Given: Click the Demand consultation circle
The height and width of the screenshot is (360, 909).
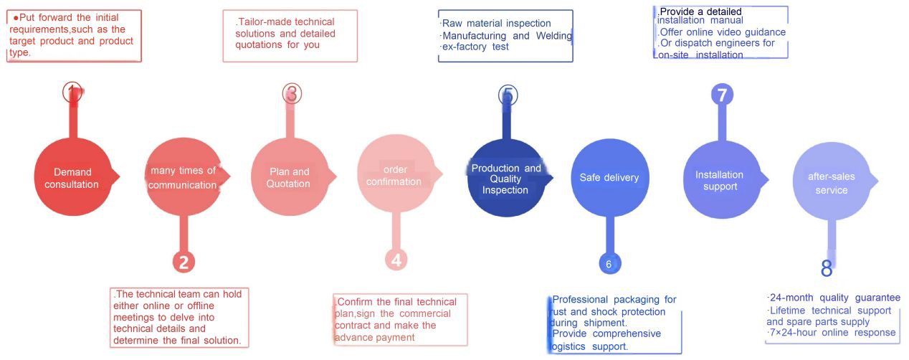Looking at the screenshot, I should point(72,177).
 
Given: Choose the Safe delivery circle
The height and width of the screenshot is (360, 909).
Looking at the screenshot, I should point(609,177).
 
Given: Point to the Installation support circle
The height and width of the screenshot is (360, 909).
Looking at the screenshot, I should point(720,180).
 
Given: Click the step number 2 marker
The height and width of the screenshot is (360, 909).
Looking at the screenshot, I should point(184,262).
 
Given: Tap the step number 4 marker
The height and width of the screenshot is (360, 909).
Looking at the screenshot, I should point(396,260).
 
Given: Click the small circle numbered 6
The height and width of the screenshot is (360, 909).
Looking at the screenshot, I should point(609,264).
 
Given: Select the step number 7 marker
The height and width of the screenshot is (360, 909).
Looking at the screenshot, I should point(722,95).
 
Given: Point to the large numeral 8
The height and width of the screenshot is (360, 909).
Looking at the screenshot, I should point(827,270).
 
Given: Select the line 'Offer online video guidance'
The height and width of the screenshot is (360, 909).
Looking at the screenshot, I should point(723,32).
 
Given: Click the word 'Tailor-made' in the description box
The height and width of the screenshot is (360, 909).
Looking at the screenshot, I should point(264,22).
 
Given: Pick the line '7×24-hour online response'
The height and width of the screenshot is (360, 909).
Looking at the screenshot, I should point(832,333).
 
